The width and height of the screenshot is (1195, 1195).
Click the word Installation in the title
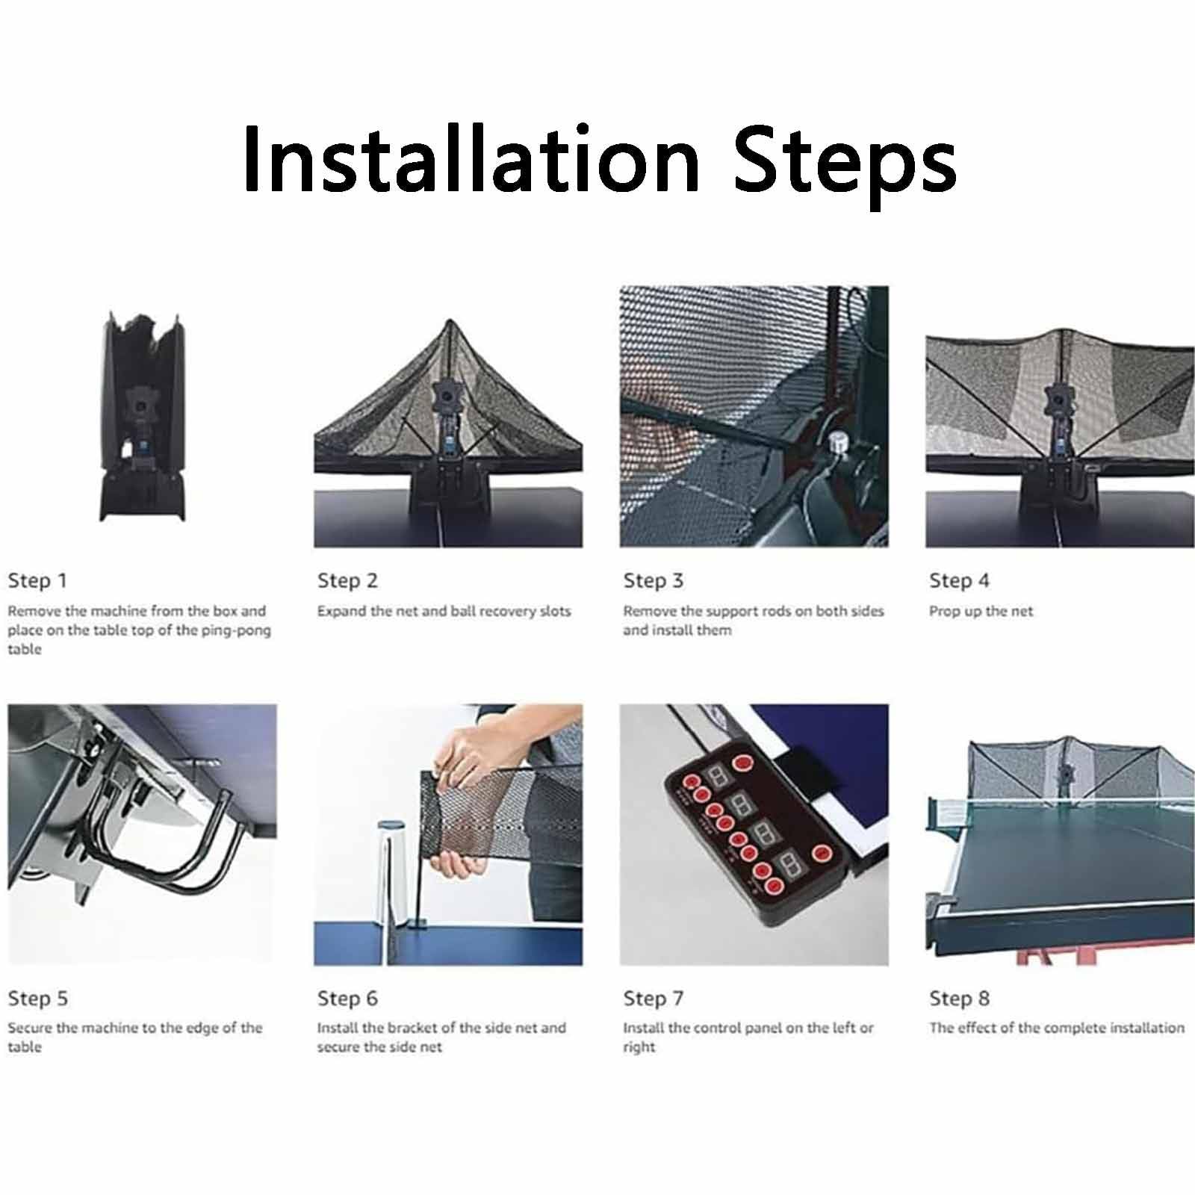471,159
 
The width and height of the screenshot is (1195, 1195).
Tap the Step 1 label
37,580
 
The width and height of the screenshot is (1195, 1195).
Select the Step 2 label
347,580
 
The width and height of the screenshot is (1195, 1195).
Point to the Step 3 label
654,580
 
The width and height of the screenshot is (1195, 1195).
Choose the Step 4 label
959,580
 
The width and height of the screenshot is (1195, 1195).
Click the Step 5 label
37,999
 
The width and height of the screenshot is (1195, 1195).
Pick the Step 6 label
347,999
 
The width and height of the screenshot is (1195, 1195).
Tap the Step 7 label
654,999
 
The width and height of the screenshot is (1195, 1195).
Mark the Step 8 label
959,999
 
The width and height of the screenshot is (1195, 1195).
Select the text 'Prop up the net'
981,612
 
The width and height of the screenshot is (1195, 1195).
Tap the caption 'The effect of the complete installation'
1057,1028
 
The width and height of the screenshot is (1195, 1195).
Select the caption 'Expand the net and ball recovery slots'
444,612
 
